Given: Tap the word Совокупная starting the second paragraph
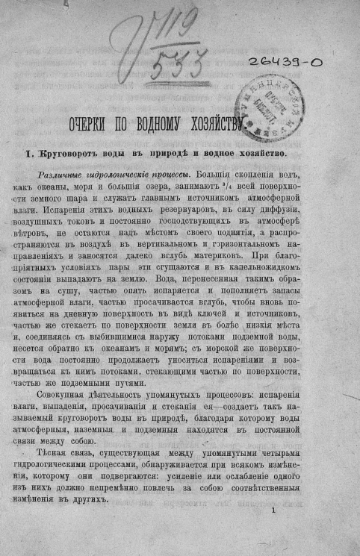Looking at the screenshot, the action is pos(86,392).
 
